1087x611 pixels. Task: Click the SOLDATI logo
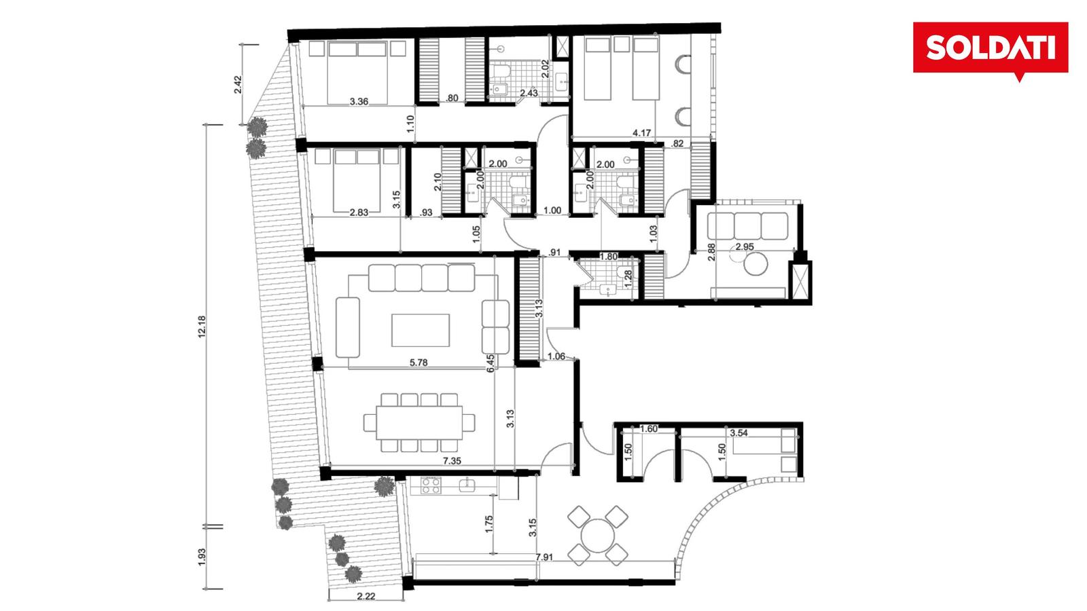(x=991, y=48)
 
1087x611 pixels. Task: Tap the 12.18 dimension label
(x=202, y=327)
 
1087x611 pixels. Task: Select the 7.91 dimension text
(x=544, y=557)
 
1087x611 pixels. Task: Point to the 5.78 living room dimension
(x=418, y=363)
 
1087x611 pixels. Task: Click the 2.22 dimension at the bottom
(x=366, y=597)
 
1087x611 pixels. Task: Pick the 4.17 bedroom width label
(x=641, y=132)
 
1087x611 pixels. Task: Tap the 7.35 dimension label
(x=452, y=461)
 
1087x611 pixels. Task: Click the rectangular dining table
(x=419, y=422)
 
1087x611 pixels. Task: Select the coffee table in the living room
(x=421, y=330)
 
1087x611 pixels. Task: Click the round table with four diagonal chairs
(x=598, y=536)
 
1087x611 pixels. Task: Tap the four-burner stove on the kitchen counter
(x=431, y=485)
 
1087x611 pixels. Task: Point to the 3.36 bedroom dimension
(x=359, y=101)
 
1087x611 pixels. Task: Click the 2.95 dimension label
(x=745, y=246)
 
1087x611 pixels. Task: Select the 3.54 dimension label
(x=738, y=432)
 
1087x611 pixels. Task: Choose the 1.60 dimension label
(x=649, y=428)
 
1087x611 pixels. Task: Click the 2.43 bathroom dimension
(x=529, y=92)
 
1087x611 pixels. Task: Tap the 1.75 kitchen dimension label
(x=488, y=524)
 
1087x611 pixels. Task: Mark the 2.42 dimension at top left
(x=238, y=85)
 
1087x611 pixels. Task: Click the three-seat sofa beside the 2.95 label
(x=747, y=226)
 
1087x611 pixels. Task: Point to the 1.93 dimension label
(x=202, y=557)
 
